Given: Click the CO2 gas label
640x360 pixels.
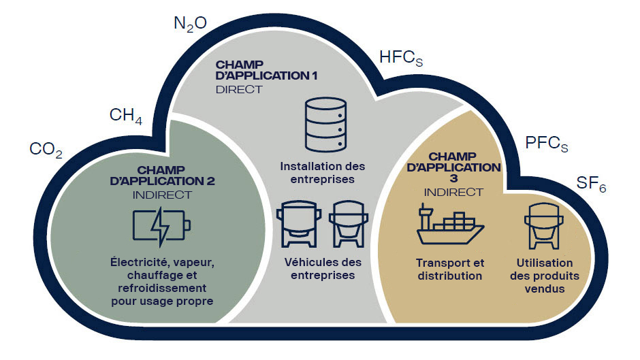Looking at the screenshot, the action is pos(46,150).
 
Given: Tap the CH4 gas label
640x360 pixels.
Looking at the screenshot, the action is pos(126,116).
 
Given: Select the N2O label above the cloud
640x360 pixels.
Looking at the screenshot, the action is pos(190,24).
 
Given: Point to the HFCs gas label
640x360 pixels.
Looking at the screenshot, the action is pos(401,58).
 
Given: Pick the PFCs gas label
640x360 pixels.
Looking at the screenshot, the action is pos(547,144).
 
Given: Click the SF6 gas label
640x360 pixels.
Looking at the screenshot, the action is pos(591,184).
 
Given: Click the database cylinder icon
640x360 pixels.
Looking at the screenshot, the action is pos(325,125).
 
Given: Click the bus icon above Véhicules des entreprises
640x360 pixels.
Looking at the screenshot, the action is pos(298,224).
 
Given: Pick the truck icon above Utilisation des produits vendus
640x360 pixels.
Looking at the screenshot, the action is pos(544,226).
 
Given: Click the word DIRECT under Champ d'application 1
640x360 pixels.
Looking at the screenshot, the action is pos(239,89).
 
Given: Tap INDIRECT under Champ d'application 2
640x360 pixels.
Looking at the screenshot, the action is pos(162,195).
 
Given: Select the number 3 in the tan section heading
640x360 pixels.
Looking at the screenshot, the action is pos(453,178).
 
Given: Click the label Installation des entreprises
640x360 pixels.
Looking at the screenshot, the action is pos(323,173).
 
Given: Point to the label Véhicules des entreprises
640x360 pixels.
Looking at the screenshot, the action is pos(323,269).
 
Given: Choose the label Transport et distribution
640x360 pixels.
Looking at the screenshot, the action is pos(450,269).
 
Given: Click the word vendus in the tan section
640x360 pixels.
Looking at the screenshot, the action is pos(545,289).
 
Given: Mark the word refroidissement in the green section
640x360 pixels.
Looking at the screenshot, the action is pos(162,288).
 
